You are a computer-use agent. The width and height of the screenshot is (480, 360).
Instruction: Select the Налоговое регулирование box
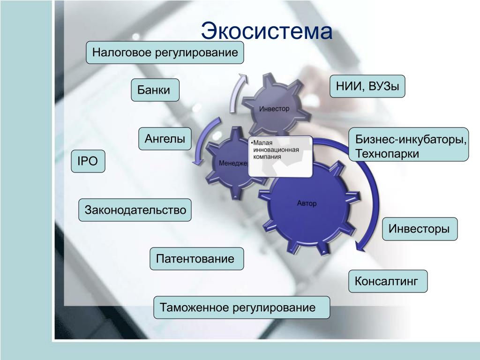165,52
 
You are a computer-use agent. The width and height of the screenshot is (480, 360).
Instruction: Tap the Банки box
155,90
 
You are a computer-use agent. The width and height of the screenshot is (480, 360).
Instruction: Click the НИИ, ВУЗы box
367,86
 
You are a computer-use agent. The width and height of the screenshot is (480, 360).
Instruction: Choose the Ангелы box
165,139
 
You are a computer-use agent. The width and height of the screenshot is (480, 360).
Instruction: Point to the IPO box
88,161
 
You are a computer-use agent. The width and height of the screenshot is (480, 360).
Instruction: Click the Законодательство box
135,210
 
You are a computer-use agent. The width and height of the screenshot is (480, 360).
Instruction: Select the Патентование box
196,259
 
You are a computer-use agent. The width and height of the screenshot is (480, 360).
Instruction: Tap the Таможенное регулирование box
241,307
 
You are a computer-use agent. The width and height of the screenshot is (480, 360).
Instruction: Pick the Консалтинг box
388,281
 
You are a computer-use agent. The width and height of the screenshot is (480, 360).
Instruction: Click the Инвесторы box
420,229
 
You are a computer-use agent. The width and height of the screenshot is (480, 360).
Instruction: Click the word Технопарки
387,154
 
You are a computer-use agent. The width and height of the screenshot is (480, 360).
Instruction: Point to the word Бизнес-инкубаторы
411,140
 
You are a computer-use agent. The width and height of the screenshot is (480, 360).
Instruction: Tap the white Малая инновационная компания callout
280,157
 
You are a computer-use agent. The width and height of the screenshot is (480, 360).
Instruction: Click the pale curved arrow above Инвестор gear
236,92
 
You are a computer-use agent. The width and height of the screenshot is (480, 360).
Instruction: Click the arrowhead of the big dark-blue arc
361,245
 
